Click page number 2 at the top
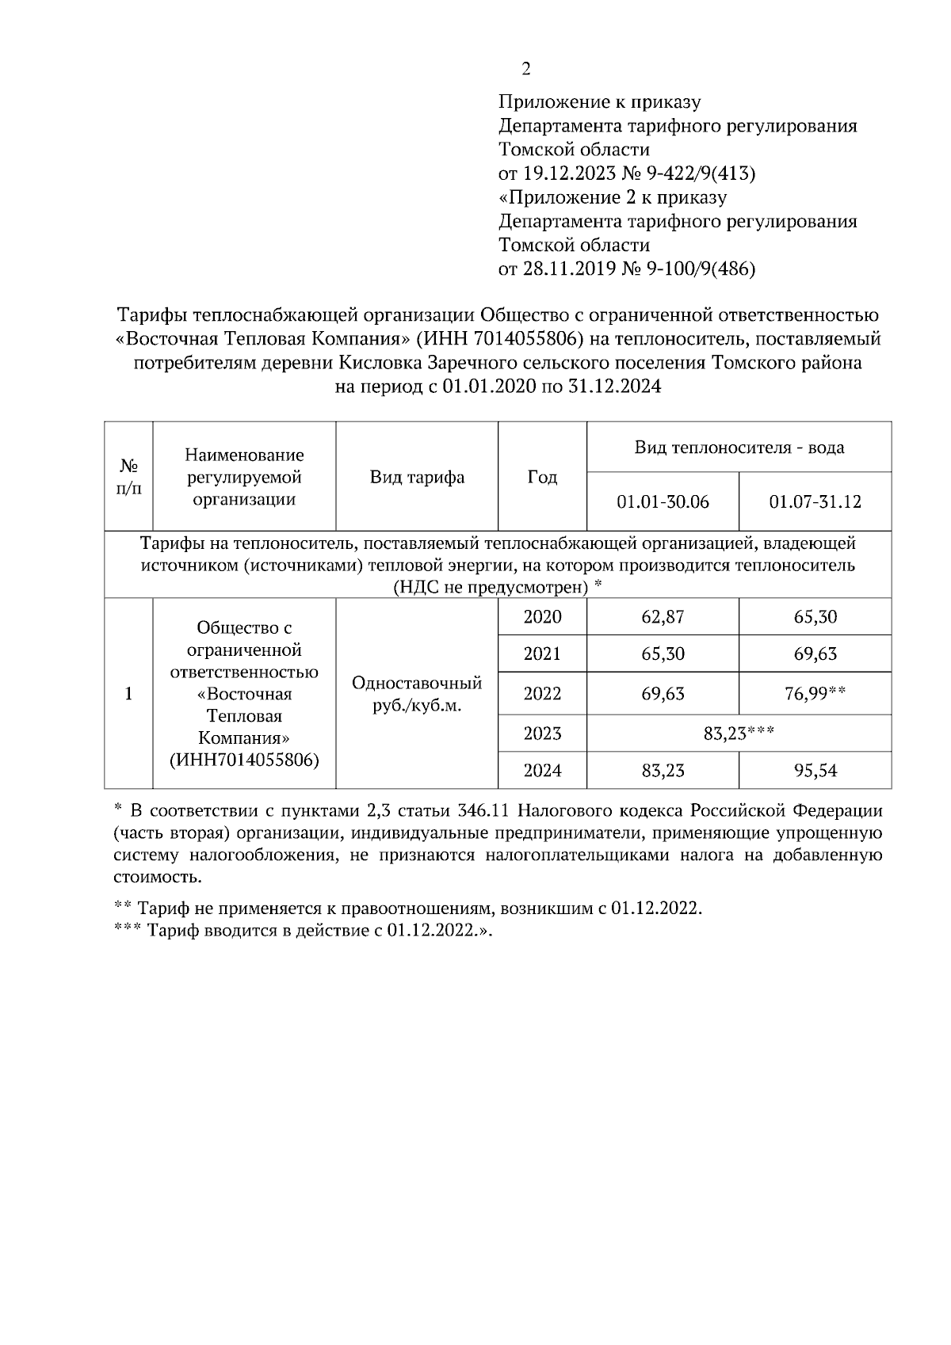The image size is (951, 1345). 525,69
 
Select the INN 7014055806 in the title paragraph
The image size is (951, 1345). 523,340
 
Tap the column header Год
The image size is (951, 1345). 542,477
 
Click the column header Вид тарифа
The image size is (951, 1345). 417,477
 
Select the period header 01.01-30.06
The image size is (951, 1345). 663,502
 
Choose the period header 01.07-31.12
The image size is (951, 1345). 815,502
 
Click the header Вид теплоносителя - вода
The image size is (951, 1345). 739,448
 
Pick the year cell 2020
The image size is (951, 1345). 542,617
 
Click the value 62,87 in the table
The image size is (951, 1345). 663,617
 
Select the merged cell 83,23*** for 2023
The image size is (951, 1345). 739,733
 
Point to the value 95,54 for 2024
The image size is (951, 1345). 815,770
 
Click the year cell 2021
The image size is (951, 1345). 542,654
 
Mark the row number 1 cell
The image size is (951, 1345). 128,694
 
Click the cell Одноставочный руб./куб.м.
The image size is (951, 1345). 417,694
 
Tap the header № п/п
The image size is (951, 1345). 128,477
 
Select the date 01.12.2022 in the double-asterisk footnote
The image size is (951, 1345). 656,909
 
